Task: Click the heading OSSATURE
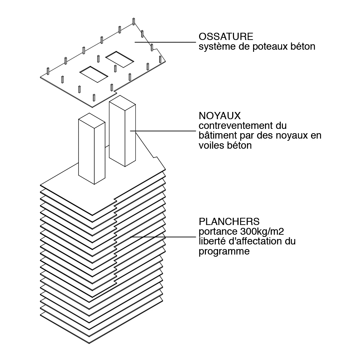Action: click(226, 37)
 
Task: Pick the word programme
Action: click(224, 252)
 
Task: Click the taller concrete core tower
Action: click(122, 133)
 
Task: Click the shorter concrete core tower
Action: click(91, 148)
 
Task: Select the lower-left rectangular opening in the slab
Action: click(93, 73)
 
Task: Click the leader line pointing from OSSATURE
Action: click(166, 42)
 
